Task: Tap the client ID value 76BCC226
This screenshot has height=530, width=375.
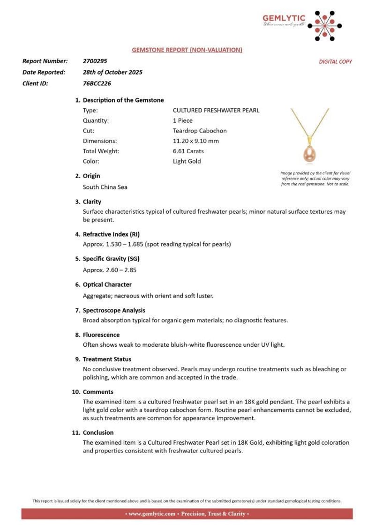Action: click(97, 84)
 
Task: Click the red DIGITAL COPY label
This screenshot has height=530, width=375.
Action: click(335, 62)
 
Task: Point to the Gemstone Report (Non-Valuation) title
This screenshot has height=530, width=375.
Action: click(187, 50)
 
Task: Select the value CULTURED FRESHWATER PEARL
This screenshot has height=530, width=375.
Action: click(216, 111)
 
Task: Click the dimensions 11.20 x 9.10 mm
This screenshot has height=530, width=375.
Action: click(196, 141)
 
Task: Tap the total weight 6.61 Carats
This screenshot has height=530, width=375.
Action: click(188, 151)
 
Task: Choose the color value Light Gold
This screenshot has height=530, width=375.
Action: click(187, 162)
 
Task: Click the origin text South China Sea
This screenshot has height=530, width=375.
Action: click(105, 187)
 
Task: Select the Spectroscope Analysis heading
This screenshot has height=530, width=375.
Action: click(114, 310)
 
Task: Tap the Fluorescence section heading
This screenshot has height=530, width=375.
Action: click(101, 335)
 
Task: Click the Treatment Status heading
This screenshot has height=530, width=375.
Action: click(107, 359)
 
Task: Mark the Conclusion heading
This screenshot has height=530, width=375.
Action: click(98, 433)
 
